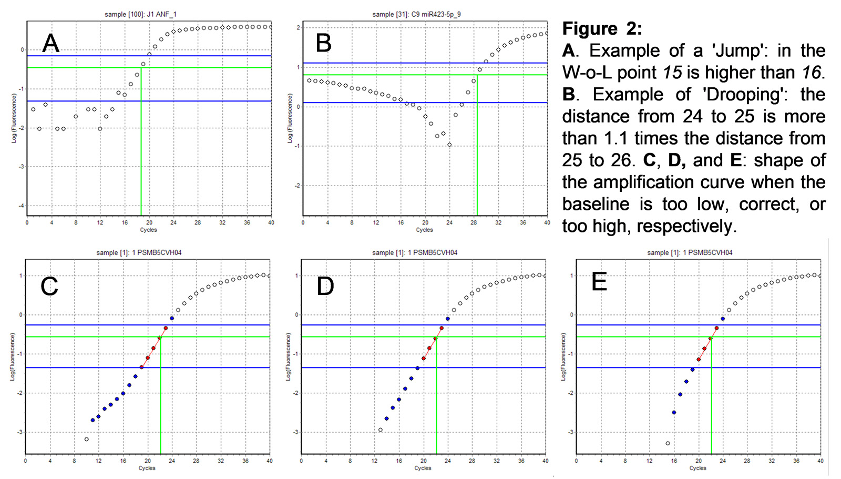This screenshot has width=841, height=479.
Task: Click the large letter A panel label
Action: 50,43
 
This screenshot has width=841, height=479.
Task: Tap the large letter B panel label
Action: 323,43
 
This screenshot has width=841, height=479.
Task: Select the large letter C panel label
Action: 49,286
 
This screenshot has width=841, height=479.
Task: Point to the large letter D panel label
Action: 325,286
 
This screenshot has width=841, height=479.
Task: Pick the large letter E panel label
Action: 599,282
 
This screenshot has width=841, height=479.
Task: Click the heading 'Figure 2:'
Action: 602,28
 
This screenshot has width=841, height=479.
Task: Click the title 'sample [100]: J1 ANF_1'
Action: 140,14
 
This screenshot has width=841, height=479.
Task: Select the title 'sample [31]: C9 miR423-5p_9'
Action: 416,14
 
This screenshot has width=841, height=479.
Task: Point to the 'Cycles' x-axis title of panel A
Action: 148,230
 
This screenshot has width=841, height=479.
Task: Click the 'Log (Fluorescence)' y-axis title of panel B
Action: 290,118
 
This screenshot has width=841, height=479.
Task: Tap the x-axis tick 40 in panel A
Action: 271,223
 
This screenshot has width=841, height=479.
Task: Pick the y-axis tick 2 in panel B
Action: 298,27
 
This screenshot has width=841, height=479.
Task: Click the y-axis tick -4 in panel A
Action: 21,206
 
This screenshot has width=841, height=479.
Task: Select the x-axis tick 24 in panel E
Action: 723,461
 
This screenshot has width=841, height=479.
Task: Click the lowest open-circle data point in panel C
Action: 87,439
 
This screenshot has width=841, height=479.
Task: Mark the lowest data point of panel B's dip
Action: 449,145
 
